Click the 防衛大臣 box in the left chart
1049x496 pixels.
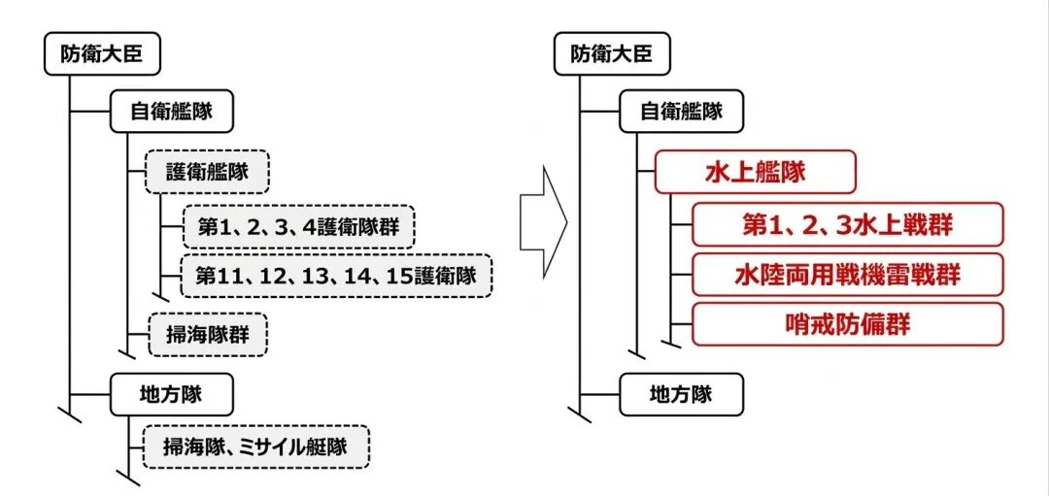tap(101, 53)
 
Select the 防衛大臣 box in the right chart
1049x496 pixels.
tap(611, 53)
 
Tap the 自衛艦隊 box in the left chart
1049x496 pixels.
tap(170, 112)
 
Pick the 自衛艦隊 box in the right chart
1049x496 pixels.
tap(681, 112)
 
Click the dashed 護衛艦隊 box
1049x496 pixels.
tap(206, 172)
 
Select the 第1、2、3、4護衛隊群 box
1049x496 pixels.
tap(297, 226)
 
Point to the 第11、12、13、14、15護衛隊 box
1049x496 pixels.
tap(336, 275)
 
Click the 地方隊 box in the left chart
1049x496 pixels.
tap(170, 393)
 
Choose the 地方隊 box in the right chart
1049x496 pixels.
tap(681, 393)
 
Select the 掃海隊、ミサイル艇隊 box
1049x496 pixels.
tap(257, 447)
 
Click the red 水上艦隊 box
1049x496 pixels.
tap(755, 172)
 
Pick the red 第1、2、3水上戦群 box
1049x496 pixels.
tap(846, 225)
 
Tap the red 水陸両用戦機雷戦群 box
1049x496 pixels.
tap(846, 275)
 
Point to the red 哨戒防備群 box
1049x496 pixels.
tap(846, 324)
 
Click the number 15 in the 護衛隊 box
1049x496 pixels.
tap(404, 275)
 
